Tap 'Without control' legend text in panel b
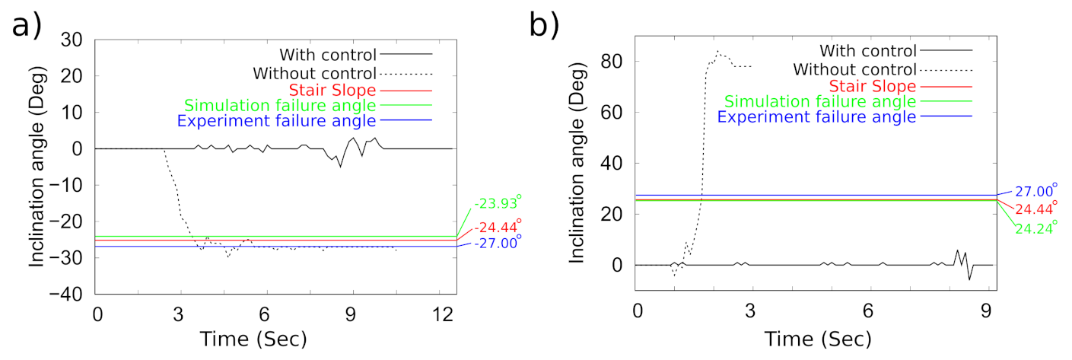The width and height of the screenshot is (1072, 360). click(852, 69)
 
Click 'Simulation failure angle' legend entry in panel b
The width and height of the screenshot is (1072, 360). click(820, 101)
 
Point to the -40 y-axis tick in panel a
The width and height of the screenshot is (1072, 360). click(73, 295)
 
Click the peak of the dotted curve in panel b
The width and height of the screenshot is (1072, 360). click(717, 52)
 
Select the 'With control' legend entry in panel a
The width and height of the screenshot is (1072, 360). click(328, 54)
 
